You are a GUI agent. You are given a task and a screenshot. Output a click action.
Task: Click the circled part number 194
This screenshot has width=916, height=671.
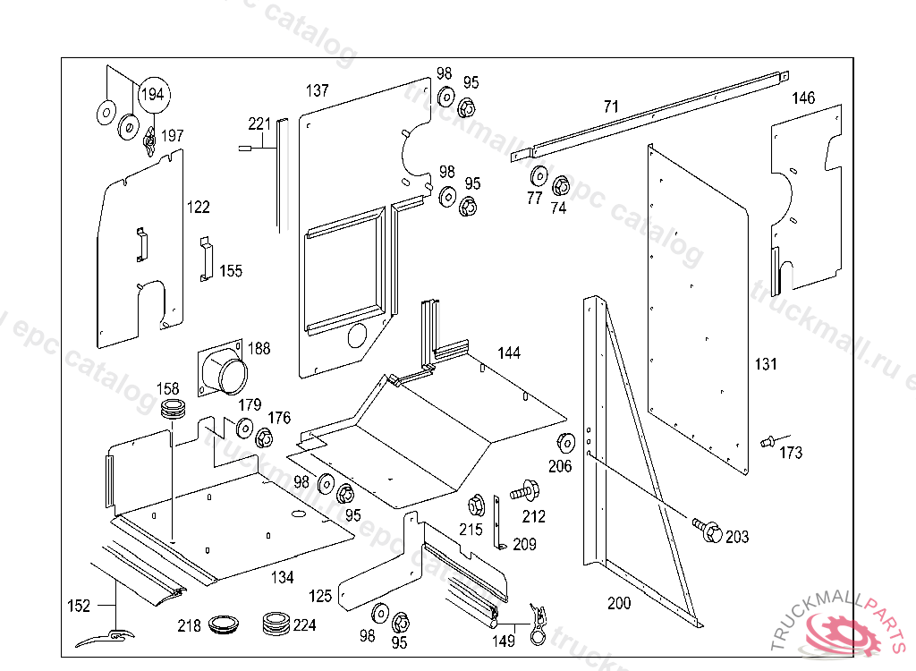point(153,94)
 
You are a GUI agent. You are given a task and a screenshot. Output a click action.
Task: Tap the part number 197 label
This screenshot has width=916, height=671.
point(172,136)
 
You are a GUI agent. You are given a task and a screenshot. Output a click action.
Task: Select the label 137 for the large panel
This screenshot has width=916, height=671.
point(318,90)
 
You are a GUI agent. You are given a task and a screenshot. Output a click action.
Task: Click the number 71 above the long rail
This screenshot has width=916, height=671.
point(611,106)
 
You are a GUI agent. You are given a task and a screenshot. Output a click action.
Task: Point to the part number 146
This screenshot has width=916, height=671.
point(804,98)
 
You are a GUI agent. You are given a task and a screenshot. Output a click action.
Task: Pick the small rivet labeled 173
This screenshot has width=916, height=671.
point(767,441)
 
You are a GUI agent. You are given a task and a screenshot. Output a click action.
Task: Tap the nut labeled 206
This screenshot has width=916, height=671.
point(565,442)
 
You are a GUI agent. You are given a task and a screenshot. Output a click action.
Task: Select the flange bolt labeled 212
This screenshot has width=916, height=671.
point(524,490)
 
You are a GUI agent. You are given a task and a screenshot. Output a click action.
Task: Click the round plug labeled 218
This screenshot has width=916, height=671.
point(222,624)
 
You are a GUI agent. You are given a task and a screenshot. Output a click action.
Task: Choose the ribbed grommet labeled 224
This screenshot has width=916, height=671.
point(276,622)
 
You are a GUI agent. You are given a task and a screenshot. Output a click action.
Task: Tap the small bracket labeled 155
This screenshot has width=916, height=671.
point(206,259)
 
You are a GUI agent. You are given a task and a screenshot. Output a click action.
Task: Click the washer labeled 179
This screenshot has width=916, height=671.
point(244,429)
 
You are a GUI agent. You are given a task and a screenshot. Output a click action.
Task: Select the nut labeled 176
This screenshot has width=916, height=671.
point(265,438)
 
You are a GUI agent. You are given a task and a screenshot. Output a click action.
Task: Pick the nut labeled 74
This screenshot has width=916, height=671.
point(560,186)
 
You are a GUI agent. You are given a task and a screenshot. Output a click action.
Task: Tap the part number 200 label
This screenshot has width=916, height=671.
point(619,603)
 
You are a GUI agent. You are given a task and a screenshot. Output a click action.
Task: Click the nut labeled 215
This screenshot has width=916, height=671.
point(476,504)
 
